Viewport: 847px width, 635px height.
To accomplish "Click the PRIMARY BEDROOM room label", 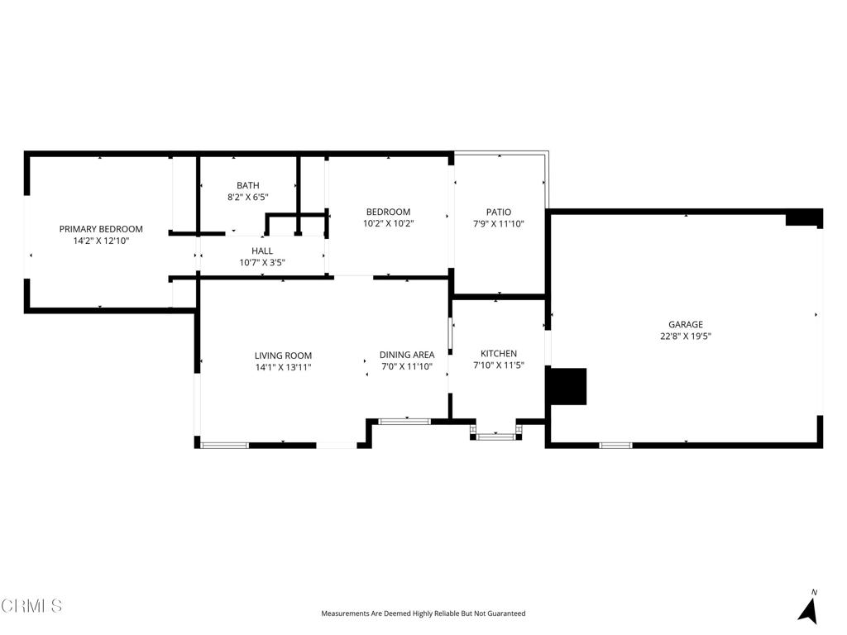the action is [101, 229].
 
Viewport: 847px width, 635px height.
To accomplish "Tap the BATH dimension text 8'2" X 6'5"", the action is [248, 197].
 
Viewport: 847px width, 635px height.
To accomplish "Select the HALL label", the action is [262, 251].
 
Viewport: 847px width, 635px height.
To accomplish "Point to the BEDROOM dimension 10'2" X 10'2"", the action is [389, 223].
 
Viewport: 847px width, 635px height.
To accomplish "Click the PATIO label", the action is [499, 212].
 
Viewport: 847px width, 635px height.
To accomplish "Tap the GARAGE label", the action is [686, 324].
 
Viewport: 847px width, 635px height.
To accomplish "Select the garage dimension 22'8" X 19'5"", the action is [686, 336].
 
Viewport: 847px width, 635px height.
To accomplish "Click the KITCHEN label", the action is [499, 354].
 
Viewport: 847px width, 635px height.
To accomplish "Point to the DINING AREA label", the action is [407, 355].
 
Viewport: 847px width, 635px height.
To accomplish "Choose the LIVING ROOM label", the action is [283, 356].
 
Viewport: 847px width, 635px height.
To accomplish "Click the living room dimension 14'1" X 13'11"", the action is [283, 367].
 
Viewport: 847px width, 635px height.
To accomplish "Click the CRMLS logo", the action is [31, 606].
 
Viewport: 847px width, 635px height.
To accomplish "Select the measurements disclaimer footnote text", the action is [423, 614].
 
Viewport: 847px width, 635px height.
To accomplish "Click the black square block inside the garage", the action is [567, 386].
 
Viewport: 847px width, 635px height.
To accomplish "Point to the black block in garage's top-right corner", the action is [804, 217].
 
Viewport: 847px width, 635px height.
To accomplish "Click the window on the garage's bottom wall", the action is [615, 446].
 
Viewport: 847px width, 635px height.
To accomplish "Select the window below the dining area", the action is [404, 421].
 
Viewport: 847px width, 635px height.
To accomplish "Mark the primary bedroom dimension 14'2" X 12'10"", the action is [101, 241].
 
